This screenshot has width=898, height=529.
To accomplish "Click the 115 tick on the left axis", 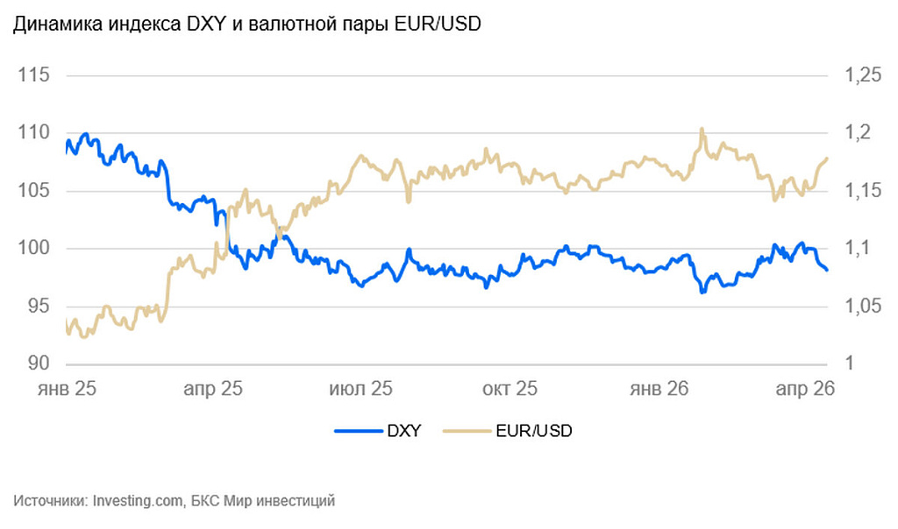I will point(34,76).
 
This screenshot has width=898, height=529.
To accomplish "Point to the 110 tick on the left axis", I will point(34,133).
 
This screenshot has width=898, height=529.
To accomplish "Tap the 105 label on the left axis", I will point(34,191).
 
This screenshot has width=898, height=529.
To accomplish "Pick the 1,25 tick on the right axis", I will point(862,76).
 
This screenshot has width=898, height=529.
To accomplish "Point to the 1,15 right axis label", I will point(862,191).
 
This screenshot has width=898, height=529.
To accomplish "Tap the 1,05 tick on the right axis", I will point(862,307).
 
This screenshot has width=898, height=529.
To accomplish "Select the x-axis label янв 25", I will point(67,388).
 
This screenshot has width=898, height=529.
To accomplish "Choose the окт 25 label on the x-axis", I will point(509,388).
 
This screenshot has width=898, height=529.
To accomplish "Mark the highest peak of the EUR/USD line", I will point(702,130).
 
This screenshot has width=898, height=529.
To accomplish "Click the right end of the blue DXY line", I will point(826,270).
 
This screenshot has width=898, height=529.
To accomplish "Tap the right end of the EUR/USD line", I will point(827,159).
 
